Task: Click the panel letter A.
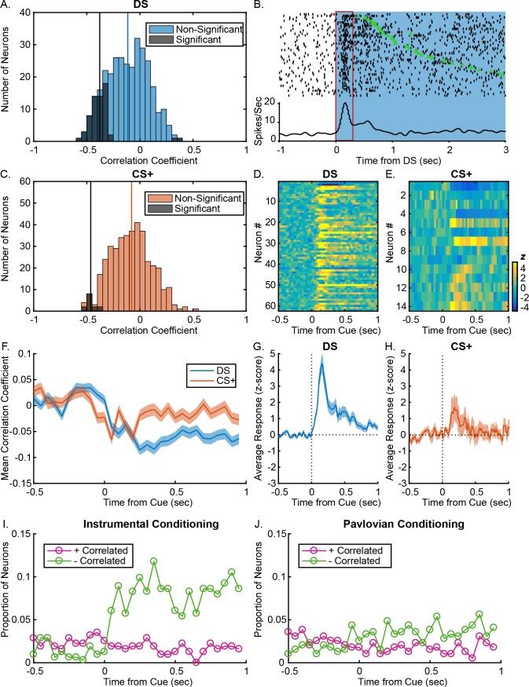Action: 6,5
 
